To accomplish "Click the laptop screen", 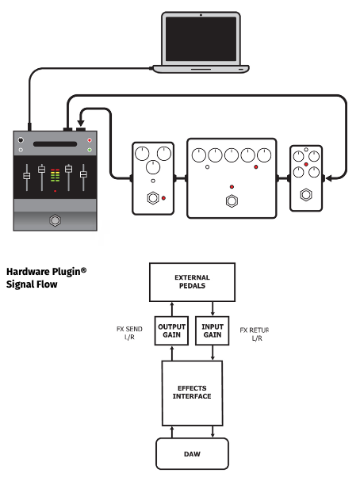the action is tap(201, 39).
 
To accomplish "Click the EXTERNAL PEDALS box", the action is tap(192, 282).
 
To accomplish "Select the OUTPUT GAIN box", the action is tap(171, 330).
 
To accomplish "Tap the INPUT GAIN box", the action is tap(213, 330).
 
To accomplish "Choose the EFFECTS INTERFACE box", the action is tap(192, 393).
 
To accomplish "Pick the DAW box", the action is tap(192, 454).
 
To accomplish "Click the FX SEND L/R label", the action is tap(129, 333).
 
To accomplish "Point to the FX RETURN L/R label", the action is tap(254, 334).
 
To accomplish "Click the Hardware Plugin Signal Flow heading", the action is tap(46, 278).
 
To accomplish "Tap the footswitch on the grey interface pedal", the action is tap(55, 220).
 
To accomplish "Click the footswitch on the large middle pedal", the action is tap(232, 201).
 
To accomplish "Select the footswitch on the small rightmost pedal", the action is tap(306, 195).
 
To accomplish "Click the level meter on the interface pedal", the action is tap(55, 175).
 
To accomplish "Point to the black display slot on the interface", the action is tap(55, 144).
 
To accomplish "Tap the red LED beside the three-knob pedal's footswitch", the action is tap(163, 198).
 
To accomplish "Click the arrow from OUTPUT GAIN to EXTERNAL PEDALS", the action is tap(172, 309).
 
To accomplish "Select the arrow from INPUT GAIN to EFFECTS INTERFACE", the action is tap(213, 353).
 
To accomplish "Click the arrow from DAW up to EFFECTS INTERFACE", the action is tap(172, 432).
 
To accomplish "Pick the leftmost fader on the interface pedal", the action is tap(27, 177).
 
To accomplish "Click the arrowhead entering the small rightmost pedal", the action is tap(328, 178).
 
